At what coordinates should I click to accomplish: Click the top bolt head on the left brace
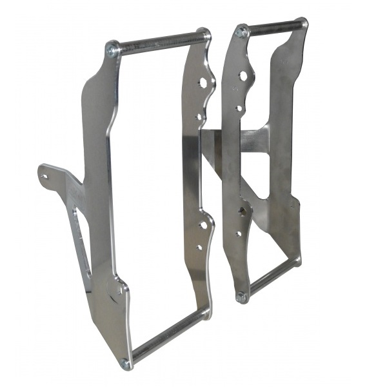click(113, 49)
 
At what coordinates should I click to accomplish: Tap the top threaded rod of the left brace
click(158, 41)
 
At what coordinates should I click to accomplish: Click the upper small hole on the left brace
click(199, 117)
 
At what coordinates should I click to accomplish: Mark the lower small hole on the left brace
click(199, 247)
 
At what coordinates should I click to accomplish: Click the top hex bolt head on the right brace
click(242, 31)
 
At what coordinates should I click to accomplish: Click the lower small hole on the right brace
click(239, 233)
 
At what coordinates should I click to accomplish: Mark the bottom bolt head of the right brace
click(242, 297)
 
